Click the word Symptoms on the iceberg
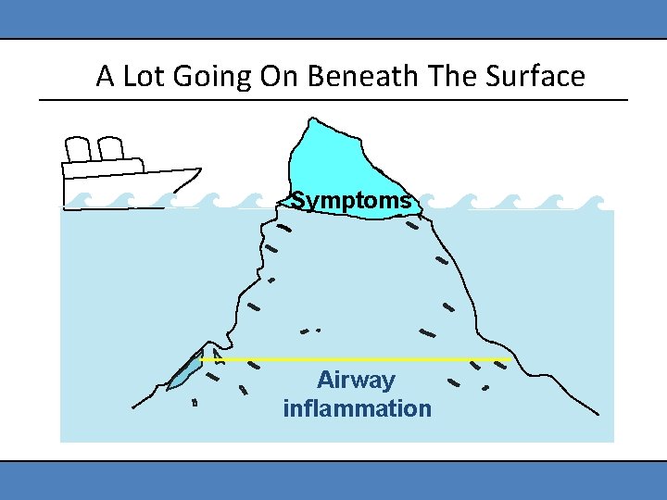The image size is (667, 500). click(x=351, y=200)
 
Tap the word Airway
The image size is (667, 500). click(x=356, y=380)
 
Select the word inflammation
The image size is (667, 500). click(x=357, y=408)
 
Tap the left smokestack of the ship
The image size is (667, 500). click(x=78, y=150)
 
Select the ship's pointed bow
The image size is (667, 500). click(x=194, y=171)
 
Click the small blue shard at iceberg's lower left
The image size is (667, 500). click(x=184, y=371)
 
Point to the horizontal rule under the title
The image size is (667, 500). click(x=333, y=99)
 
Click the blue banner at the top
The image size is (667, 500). click(x=333, y=19)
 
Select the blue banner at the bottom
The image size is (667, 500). click(x=333, y=481)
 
